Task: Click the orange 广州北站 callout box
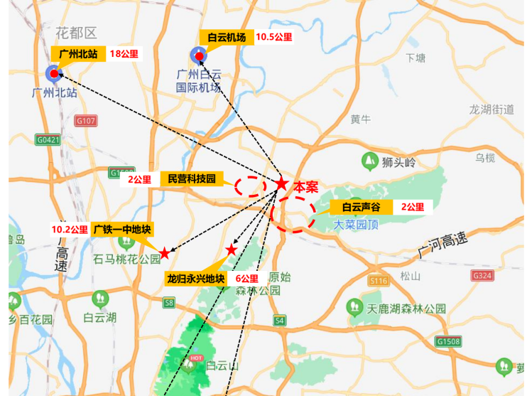(x=78, y=54)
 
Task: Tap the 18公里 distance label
(x=124, y=54)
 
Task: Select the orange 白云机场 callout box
(x=226, y=38)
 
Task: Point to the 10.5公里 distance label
(x=273, y=38)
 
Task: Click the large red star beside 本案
(x=281, y=183)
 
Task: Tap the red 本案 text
(x=306, y=187)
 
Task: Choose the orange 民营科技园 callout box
(x=191, y=179)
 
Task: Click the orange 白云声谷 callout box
(x=362, y=208)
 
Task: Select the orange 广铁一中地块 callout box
(x=122, y=230)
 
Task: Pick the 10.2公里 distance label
(x=70, y=230)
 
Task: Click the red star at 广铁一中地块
(x=165, y=252)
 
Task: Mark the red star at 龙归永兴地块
(x=231, y=250)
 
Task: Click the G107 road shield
(x=84, y=121)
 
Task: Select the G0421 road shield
(x=48, y=140)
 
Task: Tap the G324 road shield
(x=482, y=275)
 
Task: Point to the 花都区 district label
(x=76, y=33)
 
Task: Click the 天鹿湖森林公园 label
(x=406, y=309)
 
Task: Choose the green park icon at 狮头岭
(x=369, y=161)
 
